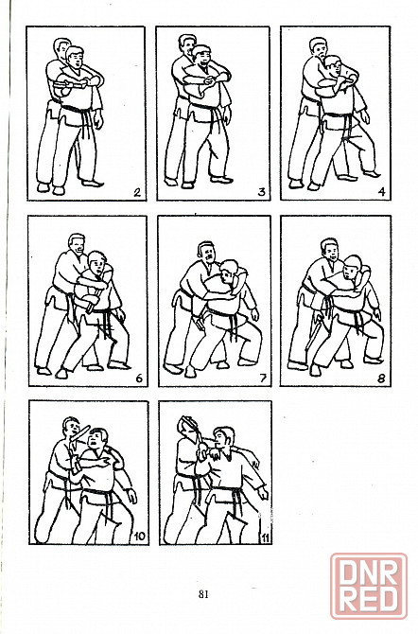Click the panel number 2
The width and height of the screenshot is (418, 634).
click(x=137, y=192)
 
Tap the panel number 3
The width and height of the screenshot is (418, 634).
click(x=262, y=192)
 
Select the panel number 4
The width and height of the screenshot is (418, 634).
click(x=381, y=192)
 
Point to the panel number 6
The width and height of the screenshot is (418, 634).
click(x=139, y=379)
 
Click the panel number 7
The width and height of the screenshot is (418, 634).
click(x=263, y=379)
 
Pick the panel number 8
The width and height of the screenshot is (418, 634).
click(x=381, y=379)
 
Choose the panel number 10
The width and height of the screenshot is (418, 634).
click(x=139, y=537)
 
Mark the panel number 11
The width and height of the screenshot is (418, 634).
click(x=265, y=537)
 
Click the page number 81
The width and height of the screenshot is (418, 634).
click(x=203, y=594)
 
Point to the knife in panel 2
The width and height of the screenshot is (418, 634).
click(x=70, y=84)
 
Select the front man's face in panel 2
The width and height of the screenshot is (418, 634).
click(x=77, y=61)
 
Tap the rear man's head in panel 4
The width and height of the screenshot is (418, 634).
click(x=318, y=47)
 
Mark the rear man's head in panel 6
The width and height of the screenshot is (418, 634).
click(x=77, y=244)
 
